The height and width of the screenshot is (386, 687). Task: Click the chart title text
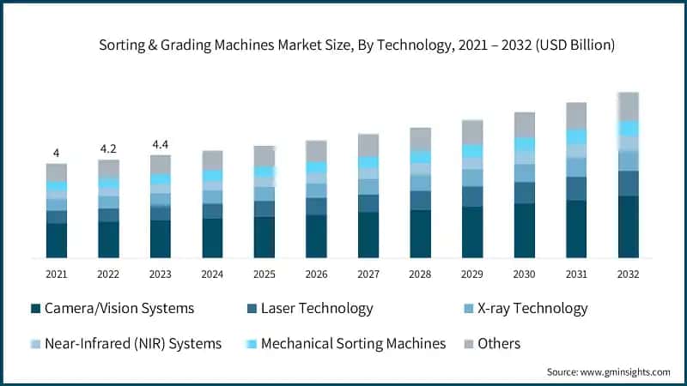[357, 45]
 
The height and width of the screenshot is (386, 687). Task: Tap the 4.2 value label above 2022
[109, 148]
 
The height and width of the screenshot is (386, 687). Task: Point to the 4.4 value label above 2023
[161, 144]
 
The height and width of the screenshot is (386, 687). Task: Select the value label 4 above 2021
[57, 154]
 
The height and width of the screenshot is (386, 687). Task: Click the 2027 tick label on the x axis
[368, 274]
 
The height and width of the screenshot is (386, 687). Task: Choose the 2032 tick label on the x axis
[629, 274]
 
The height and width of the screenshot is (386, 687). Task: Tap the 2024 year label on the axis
[212, 274]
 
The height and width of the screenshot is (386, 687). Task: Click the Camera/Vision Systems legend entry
[112, 309]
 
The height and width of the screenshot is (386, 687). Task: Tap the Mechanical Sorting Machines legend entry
[353, 344]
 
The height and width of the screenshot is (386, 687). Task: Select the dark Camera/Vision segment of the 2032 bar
[629, 226]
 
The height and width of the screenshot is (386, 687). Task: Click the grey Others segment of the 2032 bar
[629, 106]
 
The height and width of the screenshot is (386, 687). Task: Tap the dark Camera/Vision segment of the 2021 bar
[57, 240]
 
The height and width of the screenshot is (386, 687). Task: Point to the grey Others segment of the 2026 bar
[316, 151]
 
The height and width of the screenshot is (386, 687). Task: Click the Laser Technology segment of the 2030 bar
[525, 193]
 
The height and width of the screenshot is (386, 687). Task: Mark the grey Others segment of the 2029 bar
[472, 132]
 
